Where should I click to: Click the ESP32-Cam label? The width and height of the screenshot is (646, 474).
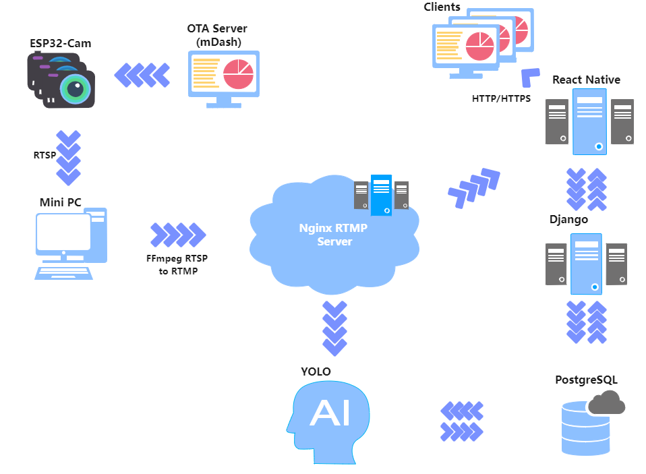point(60,43)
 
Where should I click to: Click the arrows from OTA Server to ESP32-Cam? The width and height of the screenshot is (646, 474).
point(142,73)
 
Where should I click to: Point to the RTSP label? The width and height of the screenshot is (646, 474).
point(45,155)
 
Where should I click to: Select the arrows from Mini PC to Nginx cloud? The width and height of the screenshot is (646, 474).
point(177,234)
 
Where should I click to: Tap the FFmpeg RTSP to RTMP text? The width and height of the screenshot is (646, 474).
point(177,264)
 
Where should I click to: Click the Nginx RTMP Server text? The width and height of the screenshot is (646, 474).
point(334,234)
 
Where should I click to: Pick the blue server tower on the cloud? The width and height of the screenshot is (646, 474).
point(381,194)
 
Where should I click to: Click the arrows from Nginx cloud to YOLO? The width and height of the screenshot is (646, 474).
point(334,328)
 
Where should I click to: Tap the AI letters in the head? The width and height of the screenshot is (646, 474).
point(330,414)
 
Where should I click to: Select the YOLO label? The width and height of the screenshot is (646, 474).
point(316,372)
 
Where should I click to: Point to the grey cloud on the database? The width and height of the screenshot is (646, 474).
point(606,403)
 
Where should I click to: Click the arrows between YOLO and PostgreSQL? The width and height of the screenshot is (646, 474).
point(462,421)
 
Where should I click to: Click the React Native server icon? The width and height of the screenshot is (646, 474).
point(589,121)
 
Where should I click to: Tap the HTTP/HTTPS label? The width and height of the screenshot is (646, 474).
point(501,98)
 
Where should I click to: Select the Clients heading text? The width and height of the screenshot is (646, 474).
point(442,7)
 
